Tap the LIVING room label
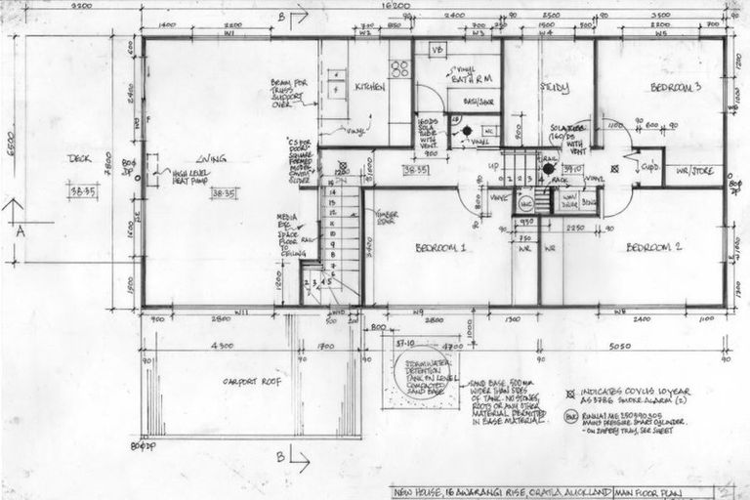point(211,158)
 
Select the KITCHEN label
point(369,86)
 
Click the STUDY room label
point(555,87)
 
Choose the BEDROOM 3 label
point(677,87)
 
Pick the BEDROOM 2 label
point(653,247)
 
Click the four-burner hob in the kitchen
point(399,68)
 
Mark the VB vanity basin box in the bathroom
point(437,50)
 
